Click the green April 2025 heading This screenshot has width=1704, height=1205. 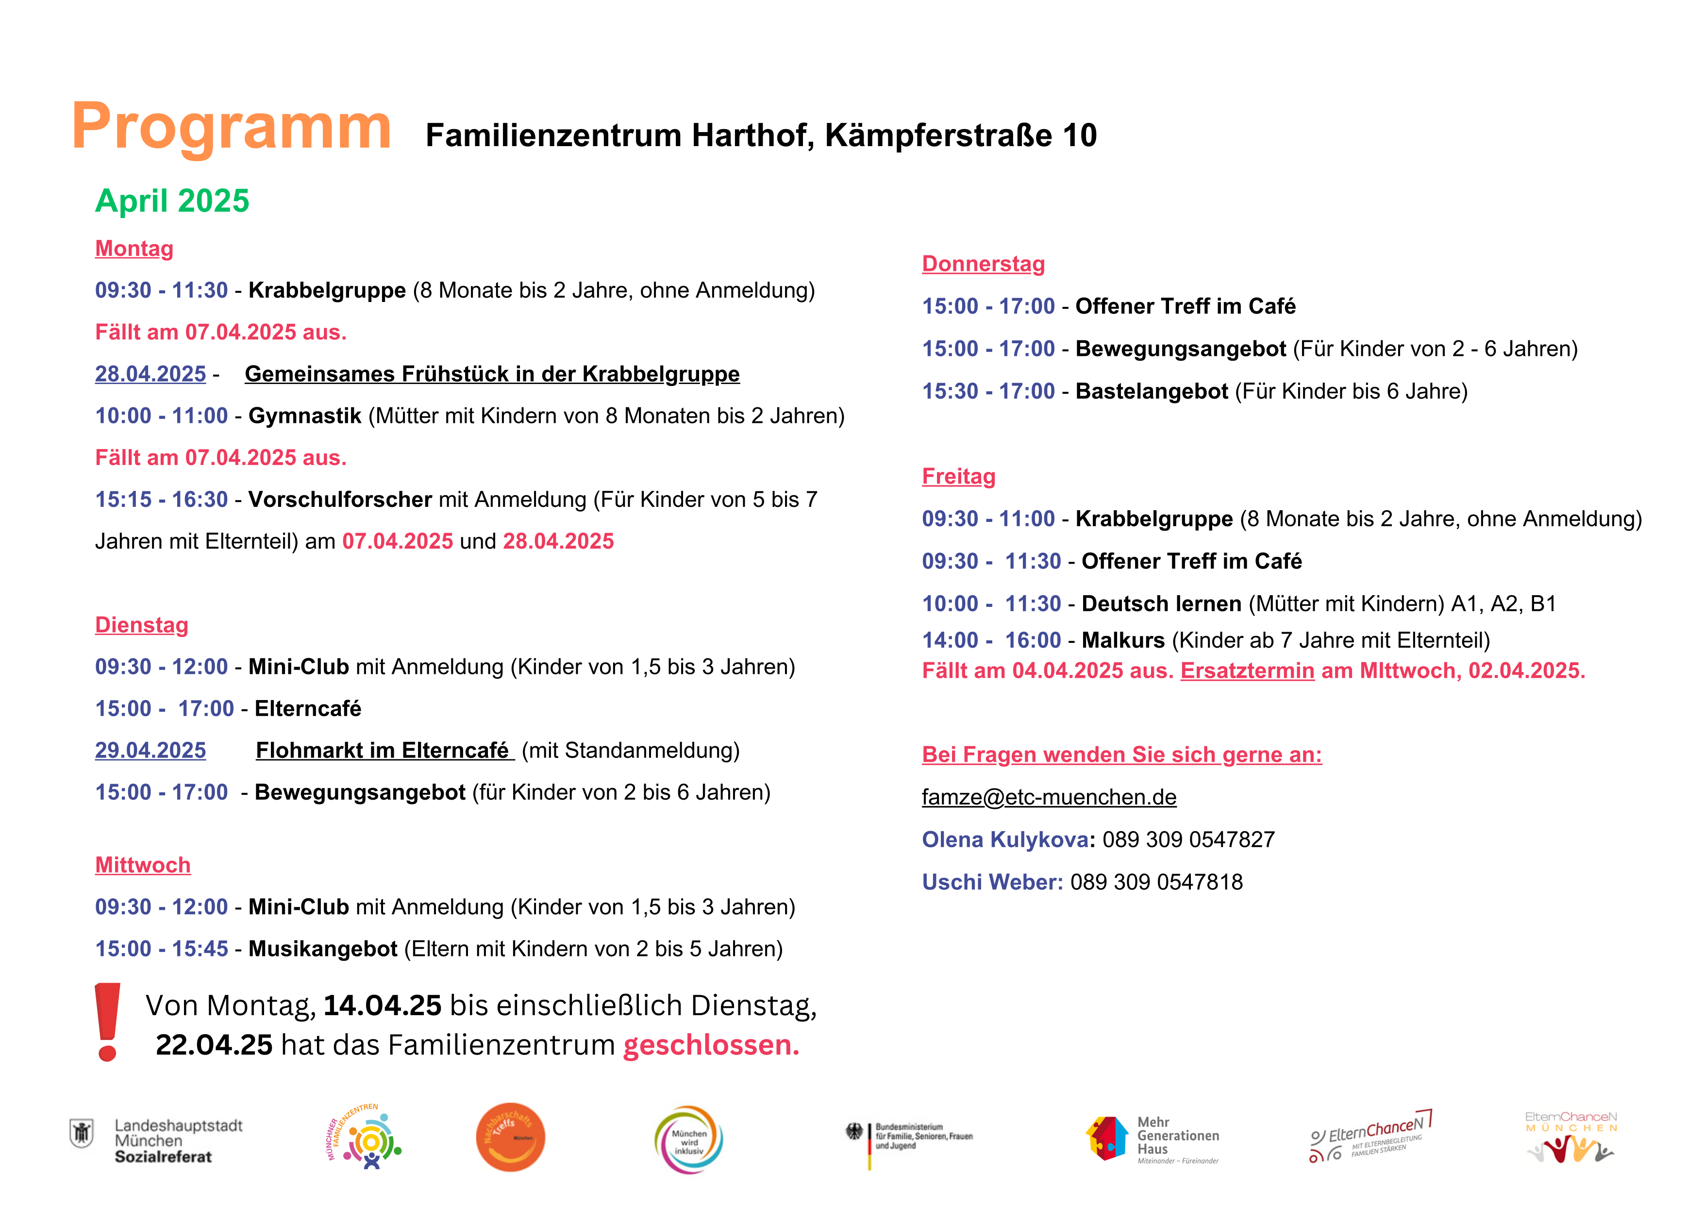coord(172,201)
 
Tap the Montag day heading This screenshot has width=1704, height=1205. coord(134,249)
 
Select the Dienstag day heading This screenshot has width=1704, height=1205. coord(142,625)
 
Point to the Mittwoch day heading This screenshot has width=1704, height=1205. coord(143,865)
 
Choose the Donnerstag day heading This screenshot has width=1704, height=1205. coord(984,264)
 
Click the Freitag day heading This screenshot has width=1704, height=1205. coord(959,476)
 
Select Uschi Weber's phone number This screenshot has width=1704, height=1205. coord(1156,882)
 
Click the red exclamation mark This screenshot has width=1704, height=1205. coord(108,1022)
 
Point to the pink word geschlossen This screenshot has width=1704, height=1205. coord(711,1045)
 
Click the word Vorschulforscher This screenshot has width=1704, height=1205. coord(340,500)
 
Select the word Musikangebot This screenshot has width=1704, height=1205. coord(323,949)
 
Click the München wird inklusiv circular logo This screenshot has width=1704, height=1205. coord(689,1140)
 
